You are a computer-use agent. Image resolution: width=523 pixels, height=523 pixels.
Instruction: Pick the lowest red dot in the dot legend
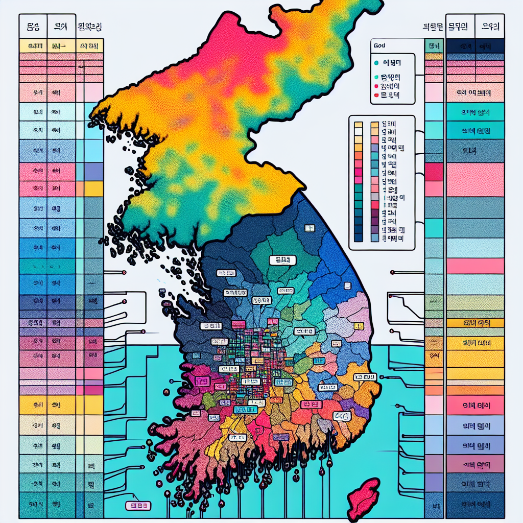[376, 95]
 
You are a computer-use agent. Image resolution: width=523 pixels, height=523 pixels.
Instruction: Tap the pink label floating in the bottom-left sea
[138, 506]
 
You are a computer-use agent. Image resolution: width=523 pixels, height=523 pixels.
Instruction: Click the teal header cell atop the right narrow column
[434, 46]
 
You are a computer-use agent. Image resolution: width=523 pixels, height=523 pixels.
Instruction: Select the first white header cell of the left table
[33, 26]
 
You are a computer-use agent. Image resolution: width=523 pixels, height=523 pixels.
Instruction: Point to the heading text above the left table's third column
[92, 25]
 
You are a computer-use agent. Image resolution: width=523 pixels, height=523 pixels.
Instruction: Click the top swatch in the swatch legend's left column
[358, 125]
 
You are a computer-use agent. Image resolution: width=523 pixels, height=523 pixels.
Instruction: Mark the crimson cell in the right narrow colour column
[434, 172]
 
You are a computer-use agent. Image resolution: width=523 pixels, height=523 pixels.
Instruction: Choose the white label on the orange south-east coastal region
[365, 377]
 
